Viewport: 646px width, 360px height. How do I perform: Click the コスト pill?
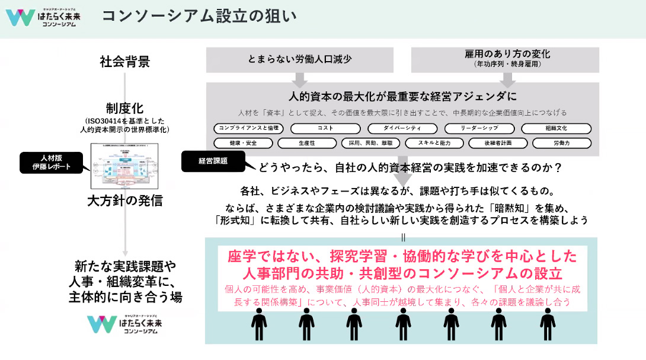pyautogui.click(x=325, y=128)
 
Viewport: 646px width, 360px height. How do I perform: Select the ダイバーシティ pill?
pyautogui.click(x=402, y=128)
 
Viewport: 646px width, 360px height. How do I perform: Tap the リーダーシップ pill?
pyautogui.click(x=479, y=128)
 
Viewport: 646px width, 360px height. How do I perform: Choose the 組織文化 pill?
pyautogui.click(x=557, y=128)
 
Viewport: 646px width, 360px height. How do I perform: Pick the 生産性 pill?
pyautogui.click(x=306, y=143)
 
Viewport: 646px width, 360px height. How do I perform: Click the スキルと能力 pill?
pyautogui.click(x=433, y=143)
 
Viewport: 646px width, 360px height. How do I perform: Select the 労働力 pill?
pyautogui.click(x=561, y=143)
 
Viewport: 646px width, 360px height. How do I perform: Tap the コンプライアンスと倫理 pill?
pyautogui.click(x=248, y=128)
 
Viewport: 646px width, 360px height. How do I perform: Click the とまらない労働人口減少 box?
pyautogui.click(x=300, y=59)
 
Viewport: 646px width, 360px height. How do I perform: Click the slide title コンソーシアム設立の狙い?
pyautogui.click(x=199, y=16)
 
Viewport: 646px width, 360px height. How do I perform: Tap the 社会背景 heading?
pyautogui.click(x=125, y=61)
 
